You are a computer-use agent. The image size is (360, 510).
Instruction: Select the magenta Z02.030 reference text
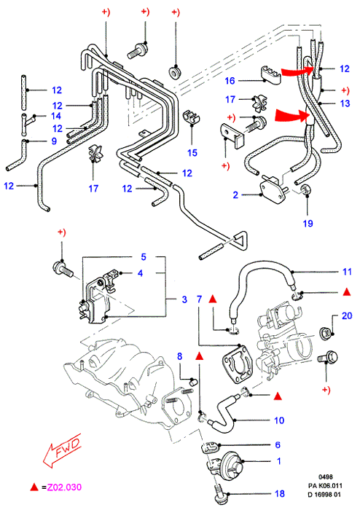[64, 487]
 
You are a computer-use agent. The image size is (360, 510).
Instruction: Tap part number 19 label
[308, 224]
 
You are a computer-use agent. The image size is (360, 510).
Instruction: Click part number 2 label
[236, 195]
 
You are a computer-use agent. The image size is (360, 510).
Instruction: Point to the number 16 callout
[230, 81]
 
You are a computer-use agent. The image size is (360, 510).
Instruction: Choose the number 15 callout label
[192, 152]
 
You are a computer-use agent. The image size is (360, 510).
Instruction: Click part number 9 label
[54, 141]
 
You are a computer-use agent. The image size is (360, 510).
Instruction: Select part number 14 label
[56, 116]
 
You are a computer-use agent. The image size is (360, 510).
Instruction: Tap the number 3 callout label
[184, 299]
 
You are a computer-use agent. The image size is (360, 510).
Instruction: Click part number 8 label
[179, 356]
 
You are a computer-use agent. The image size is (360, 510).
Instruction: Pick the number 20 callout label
[347, 315]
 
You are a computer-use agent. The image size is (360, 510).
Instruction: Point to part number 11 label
[348, 272]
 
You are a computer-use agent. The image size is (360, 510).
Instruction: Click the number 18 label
[280, 494]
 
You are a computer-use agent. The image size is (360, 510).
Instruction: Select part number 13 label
[345, 103]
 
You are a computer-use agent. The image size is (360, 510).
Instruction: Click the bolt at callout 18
[221, 493]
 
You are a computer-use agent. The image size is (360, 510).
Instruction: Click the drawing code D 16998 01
[325, 495]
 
